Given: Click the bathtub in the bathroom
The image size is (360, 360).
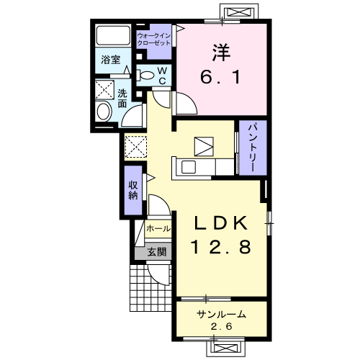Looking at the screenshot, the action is pos(113,35).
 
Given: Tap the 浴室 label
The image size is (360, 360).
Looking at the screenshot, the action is pos(110,60).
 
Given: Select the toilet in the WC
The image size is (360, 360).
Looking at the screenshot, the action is pos(145,75).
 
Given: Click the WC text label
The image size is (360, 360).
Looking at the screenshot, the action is pos(163,76).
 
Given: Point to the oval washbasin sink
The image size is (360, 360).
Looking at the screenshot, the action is pos(104,112).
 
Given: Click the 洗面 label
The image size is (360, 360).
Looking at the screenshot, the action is pos(122,99).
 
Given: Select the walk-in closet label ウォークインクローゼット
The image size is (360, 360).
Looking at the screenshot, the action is pos(154,40).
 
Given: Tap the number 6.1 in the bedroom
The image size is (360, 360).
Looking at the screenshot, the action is pos(220,77).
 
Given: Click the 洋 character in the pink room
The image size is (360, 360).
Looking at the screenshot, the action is pos(221,53).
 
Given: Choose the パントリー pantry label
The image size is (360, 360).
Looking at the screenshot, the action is pos(253,148).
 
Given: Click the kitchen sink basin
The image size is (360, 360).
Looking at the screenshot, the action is pos(189,167).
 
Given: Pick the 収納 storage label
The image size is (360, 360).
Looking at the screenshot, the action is pos(133,190).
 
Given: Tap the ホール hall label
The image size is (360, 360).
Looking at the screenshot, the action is pos(158,228).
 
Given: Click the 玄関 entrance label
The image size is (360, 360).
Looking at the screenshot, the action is pos(157,252).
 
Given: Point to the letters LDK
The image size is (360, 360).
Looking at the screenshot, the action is pos(221,223).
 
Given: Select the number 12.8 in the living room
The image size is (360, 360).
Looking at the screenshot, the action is pos(221,247).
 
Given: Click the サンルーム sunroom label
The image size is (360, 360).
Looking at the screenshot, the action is pos(221,314).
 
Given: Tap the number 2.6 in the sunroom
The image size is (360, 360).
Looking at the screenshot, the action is pos(222,326).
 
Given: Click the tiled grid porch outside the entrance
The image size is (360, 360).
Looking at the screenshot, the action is pos(150,288).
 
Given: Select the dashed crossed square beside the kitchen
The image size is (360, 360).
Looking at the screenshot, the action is pos(136,147).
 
